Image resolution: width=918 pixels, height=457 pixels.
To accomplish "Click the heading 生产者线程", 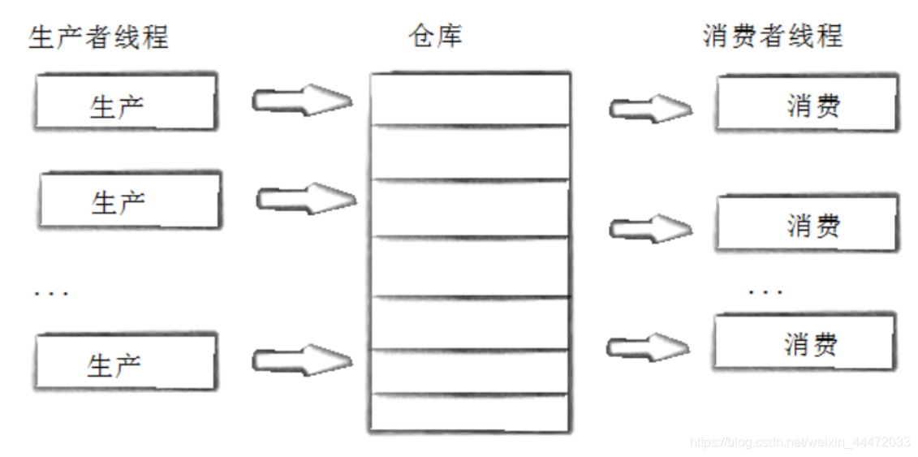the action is (x=98, y=37).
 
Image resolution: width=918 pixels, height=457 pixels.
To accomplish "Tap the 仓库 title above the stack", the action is (x=437, y=36).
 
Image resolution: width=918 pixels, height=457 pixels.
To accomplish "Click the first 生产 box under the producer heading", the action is (x=125, y=102).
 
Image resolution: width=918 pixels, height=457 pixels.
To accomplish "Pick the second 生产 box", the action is (x=129, y=200).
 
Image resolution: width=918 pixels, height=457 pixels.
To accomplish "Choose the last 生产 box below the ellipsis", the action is (x=125, y=362).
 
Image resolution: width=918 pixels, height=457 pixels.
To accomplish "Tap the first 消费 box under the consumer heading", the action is (x=807, y=103).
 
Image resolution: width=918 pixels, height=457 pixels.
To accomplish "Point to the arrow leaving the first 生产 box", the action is (x=302, y=101).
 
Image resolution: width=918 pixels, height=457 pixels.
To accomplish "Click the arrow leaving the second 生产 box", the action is (x=305, y=198).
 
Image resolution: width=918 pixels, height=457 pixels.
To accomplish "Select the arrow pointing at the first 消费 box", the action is (x=649, y=108).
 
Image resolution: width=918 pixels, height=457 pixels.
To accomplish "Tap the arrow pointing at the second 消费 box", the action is (x=649, y=229).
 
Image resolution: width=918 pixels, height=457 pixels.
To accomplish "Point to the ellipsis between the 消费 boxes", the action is (x=765, y=290).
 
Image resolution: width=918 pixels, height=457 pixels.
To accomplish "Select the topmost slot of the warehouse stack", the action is (x=469, y=99).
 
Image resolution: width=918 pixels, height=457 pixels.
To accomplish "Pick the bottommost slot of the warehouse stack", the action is (x=469, y=412).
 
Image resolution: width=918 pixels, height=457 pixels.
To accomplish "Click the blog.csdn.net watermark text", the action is (x=799, y=442).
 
